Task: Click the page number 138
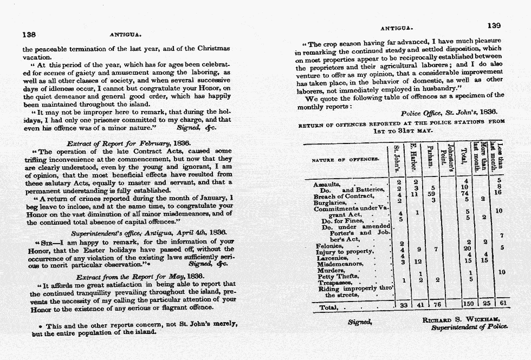click(29, 34)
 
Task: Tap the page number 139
click(494, 25)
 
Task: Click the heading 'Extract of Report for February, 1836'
click(128, 144)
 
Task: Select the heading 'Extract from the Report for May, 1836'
click(132, 276)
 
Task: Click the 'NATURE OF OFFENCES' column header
click(345, 160)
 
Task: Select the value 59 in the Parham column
click(432, 193)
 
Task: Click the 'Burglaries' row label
click(330, 202)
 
